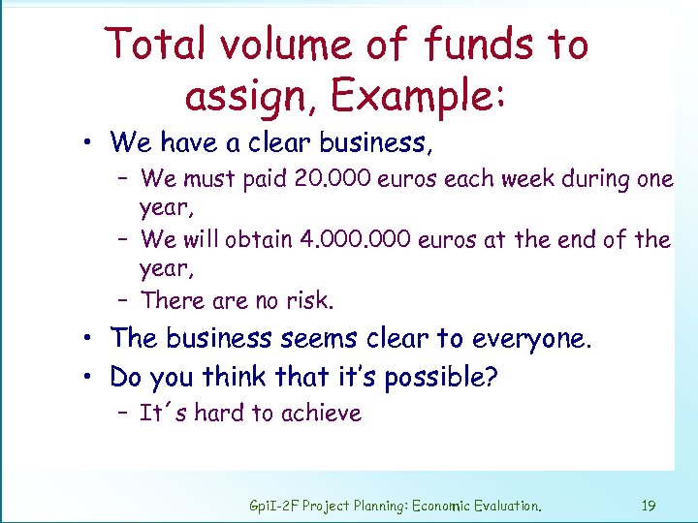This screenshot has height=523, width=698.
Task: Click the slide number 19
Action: click(x=649, y=505)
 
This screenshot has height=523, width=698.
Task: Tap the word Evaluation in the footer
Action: click(x=498, y=505)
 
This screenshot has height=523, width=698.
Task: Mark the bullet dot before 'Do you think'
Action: click(x=87, y=377)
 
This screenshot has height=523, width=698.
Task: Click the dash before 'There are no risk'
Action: click(x=126, y=301)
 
